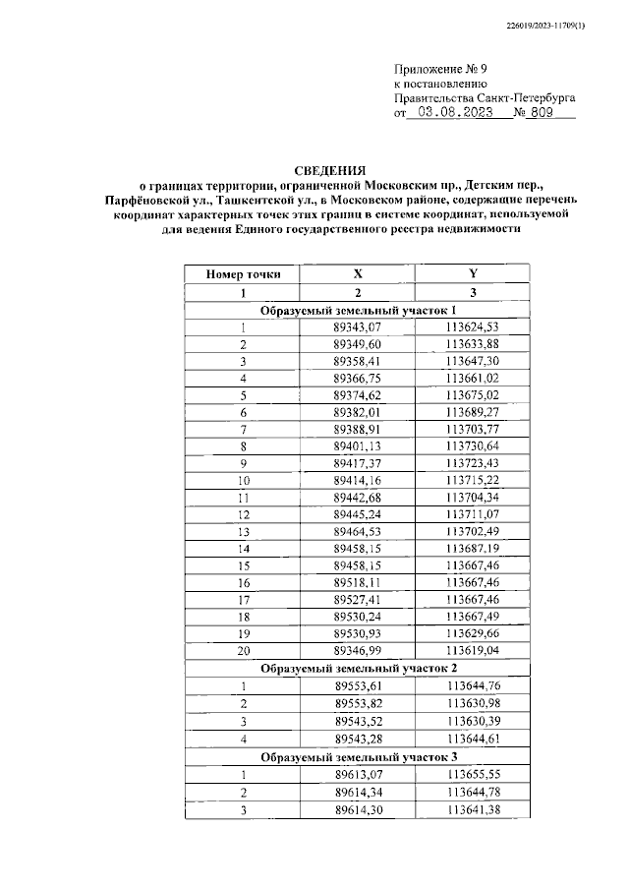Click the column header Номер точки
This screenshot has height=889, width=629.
pos(243,275)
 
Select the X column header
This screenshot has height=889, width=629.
pos(358,275)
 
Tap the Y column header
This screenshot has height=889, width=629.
pos(472,275)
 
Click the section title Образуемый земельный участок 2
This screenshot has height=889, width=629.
pos(357,668)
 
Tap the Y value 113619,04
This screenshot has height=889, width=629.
pos(472,650)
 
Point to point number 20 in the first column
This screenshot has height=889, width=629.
pos(243,650)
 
